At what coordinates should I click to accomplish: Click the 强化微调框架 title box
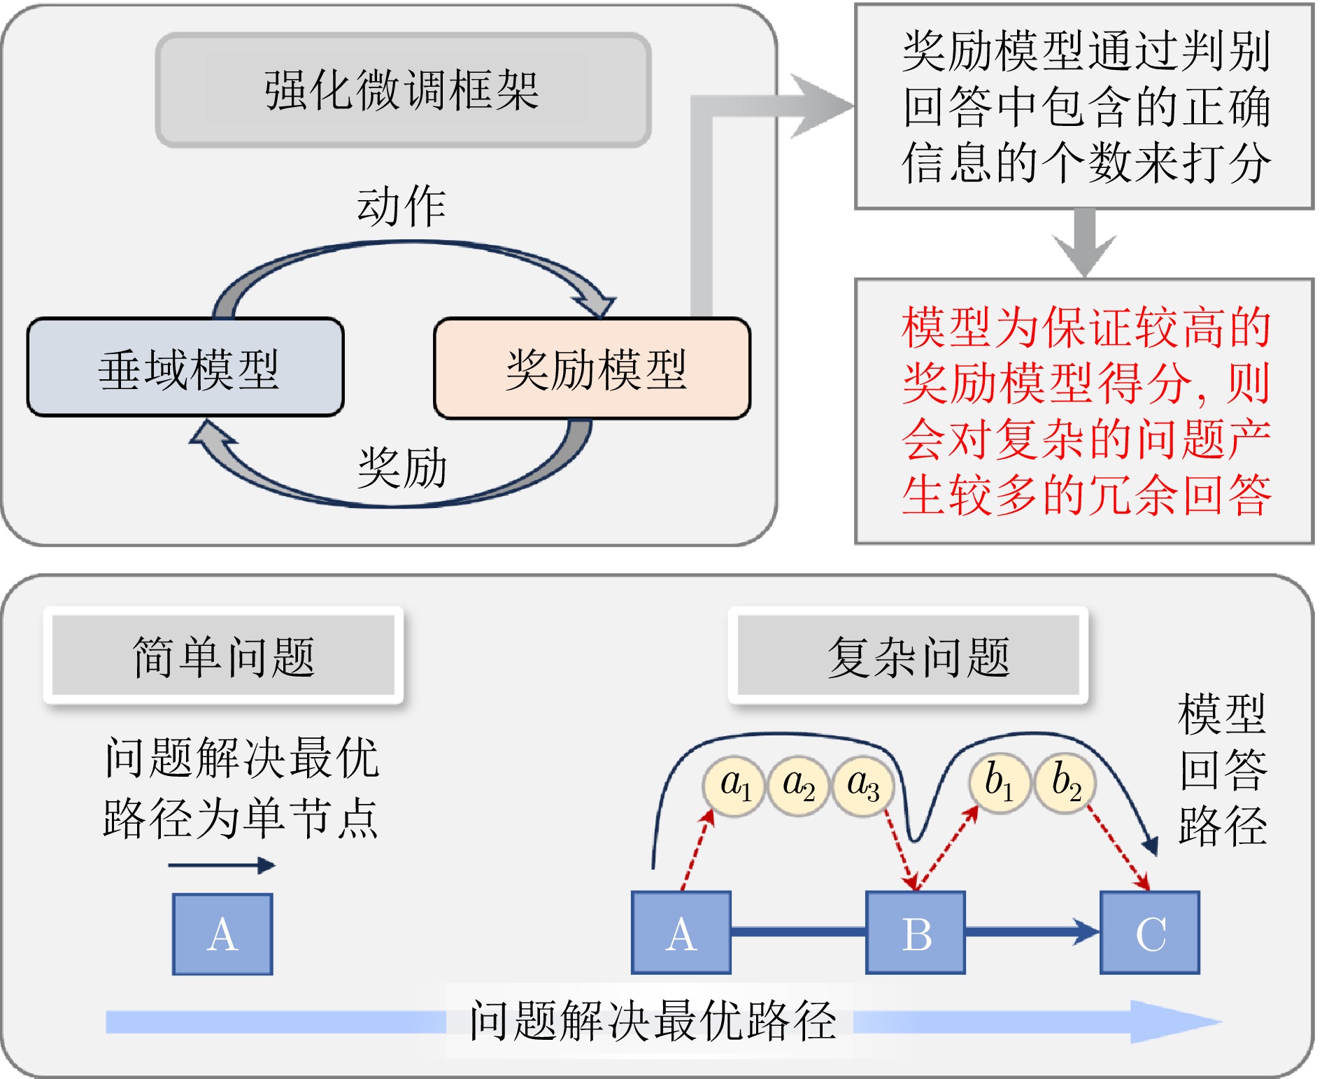pos(404,90)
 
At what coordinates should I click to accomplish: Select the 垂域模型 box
pos(186,368)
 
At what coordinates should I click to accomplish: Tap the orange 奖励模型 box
pos(592,369)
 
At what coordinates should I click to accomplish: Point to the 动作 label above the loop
pos(401,206)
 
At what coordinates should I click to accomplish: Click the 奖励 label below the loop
pos(401,467)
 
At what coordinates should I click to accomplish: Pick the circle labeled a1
pos(734,786)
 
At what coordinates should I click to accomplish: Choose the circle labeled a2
pos(798,786)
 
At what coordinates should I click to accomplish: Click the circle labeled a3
pos(862,786)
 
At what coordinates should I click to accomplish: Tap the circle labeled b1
pos(999,783)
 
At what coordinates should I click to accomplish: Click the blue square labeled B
pos(916,933)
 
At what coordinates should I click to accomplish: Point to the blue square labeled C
pos(1150,933)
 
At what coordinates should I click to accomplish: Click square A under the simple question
pos(222,934)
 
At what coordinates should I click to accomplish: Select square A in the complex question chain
pos(681,933)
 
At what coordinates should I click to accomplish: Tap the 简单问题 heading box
pos(223,656)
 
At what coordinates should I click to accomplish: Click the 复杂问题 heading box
pos(909,656)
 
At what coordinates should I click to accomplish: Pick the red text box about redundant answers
pos(1084,411)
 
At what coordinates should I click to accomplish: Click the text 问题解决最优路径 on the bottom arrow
pos(652,1021)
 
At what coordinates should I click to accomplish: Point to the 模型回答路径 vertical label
pos(1222,770)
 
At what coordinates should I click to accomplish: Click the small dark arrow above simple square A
pos(222,866)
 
